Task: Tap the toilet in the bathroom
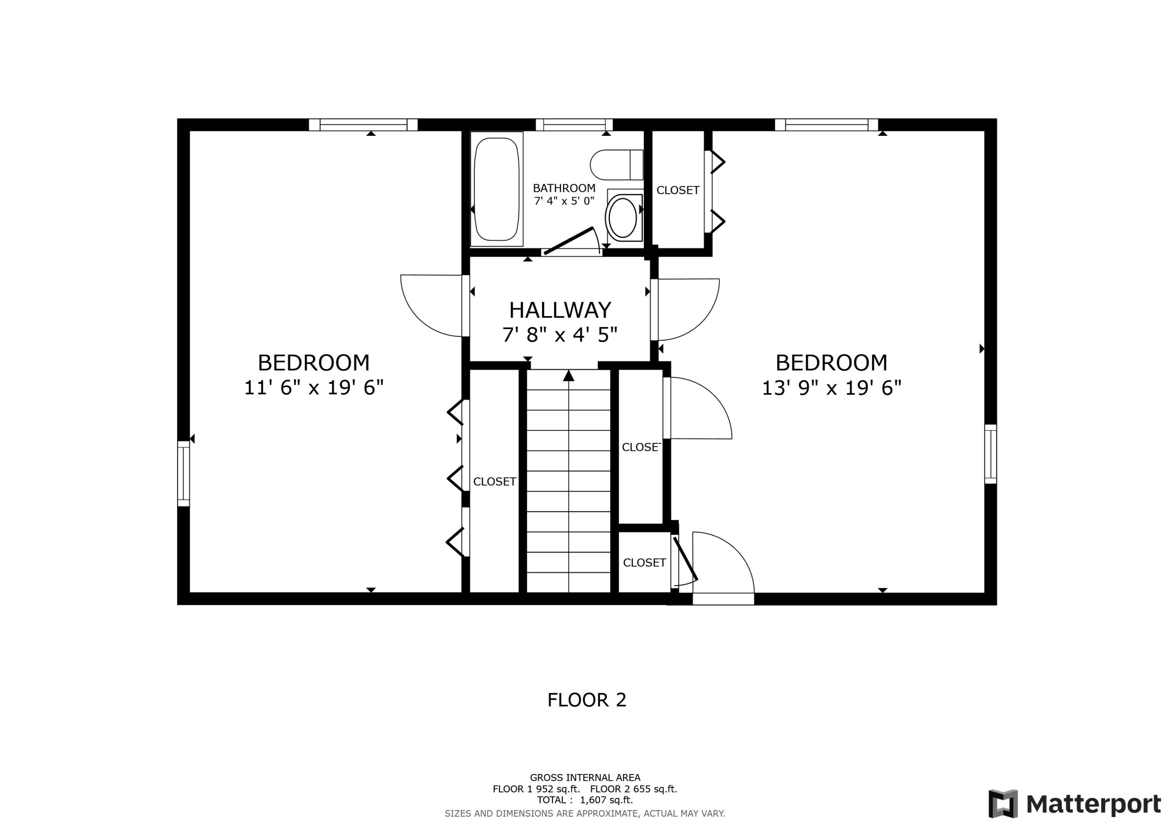click(616, 165)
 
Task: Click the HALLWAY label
click(560, 310)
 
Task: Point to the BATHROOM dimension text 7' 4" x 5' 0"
click(564, 201)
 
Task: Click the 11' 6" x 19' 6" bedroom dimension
click(313, 388)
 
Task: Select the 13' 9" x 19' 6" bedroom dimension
click(832, 388)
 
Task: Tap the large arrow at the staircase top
click(569, 376)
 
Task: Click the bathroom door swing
click(573, 240)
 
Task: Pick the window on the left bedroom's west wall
click(184, 474)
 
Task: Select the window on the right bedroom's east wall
click(990, 454)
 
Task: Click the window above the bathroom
click(574, 124)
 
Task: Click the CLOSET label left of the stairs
click(495, 482)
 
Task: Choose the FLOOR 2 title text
click(587, 700)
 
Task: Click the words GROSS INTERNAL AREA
click(585, 778)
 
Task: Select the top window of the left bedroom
click(363, 124)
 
